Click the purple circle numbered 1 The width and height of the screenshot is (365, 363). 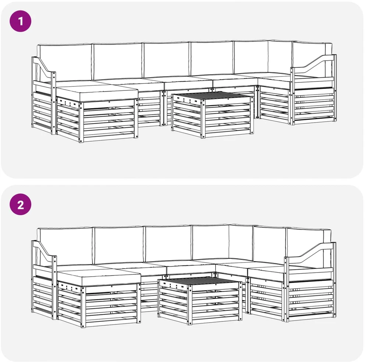(20, 21)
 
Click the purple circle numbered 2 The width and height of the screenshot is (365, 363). (20, 204)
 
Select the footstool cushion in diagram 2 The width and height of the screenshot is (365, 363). (99, 277)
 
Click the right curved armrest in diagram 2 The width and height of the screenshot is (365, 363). (310, 252)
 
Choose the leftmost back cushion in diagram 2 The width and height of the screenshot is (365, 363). (65, 246)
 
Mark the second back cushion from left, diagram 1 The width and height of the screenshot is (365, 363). (117, 61)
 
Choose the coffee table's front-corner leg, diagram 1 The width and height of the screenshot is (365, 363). (204, 119)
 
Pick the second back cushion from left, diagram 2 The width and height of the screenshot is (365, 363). (119, 245)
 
